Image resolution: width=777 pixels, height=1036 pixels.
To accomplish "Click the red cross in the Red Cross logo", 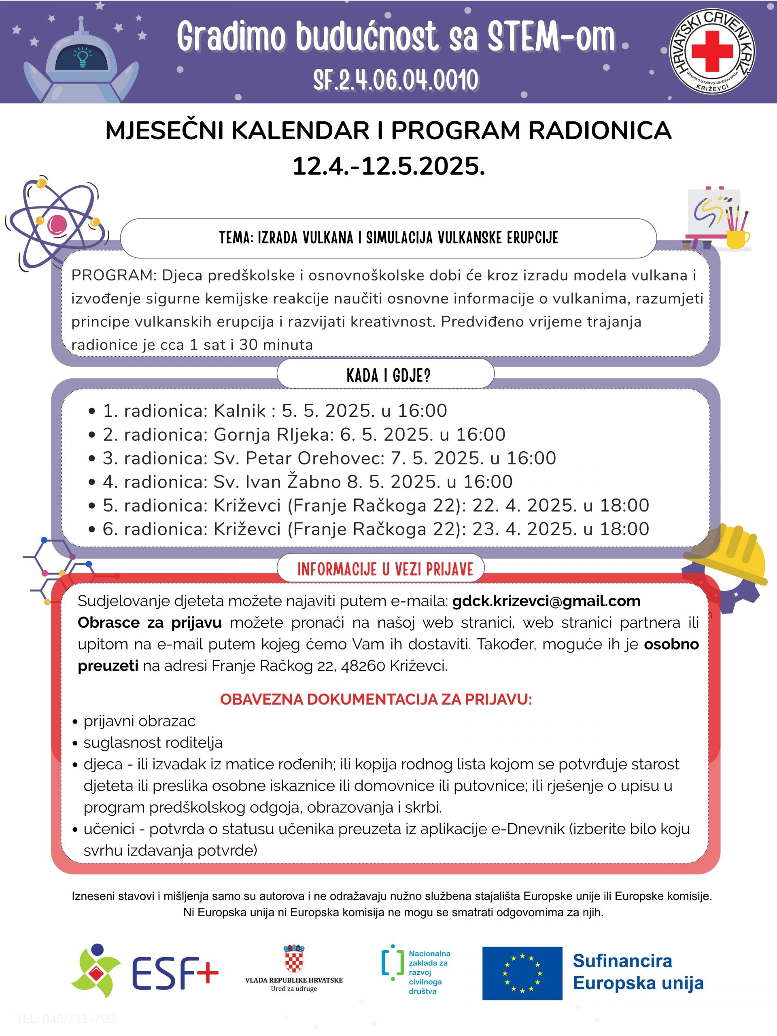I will (x=712, y=51).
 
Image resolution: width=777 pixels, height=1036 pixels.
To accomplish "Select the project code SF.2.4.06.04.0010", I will (x=396, y=80).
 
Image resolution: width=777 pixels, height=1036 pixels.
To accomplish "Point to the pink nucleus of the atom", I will (x=57, y=224).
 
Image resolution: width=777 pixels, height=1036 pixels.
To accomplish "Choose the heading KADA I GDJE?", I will (x=388, y=375).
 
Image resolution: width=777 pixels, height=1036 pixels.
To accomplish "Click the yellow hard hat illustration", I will (x=730, y=553).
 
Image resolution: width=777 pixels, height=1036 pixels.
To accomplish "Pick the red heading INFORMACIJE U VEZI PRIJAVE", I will (x=385, y=569).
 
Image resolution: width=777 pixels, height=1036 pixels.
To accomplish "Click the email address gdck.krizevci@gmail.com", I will (x=546, y=601).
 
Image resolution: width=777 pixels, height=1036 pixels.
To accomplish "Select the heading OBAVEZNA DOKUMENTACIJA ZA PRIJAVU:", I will (x=376, y=699).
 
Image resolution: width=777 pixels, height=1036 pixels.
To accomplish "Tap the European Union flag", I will (x=522, y=973).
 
